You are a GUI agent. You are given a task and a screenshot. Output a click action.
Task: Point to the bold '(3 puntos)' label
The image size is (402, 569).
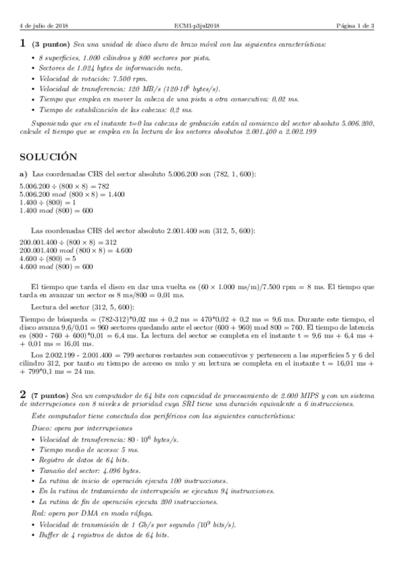[50, 44]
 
